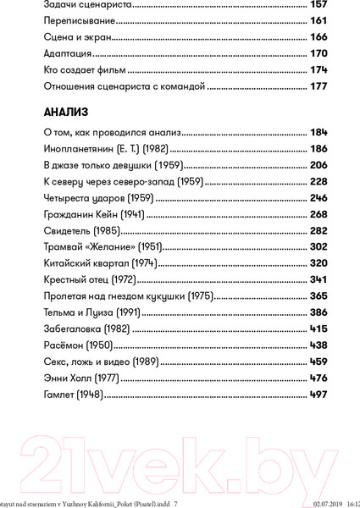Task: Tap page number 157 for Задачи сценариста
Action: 315,6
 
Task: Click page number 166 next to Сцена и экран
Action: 315,39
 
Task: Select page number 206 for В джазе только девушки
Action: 315,166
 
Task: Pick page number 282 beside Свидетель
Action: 315,232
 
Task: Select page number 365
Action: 315,297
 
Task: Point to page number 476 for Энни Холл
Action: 315,379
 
